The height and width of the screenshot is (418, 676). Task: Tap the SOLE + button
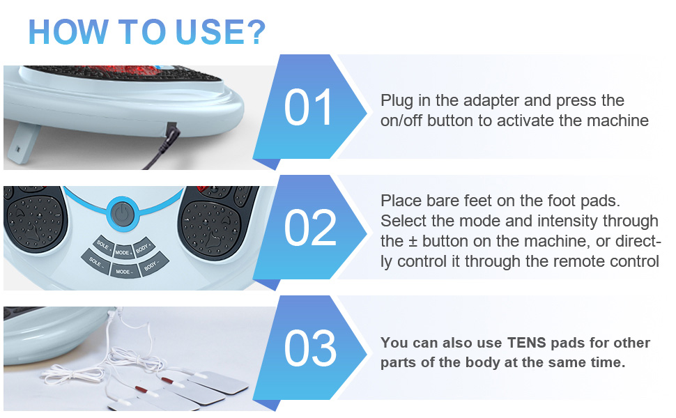103,246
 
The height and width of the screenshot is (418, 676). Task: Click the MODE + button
123,252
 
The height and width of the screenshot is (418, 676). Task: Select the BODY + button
144,247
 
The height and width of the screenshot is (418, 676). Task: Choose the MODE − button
124,271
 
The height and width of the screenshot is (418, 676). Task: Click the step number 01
308,108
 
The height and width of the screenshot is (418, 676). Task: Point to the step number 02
310,228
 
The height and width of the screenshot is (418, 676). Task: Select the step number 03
310,348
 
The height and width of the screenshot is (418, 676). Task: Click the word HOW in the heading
68,32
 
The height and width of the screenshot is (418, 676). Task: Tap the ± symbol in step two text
413,242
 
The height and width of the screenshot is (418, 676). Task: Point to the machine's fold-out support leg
23,144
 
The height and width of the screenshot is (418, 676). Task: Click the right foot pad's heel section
210,228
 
